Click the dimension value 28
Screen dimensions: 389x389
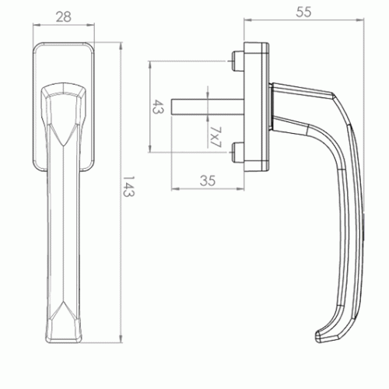(64, 17)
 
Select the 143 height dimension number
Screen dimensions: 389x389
(128, 187)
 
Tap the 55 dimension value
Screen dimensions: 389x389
(303, 12)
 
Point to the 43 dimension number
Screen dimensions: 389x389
(157, 107)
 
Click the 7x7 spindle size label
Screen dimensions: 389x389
(216, 137)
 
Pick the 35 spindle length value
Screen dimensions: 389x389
(208, 180)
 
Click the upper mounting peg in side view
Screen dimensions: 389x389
(237, 61)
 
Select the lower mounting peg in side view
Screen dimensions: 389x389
(237, 152)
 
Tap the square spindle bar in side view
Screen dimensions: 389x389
(208, 107)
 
